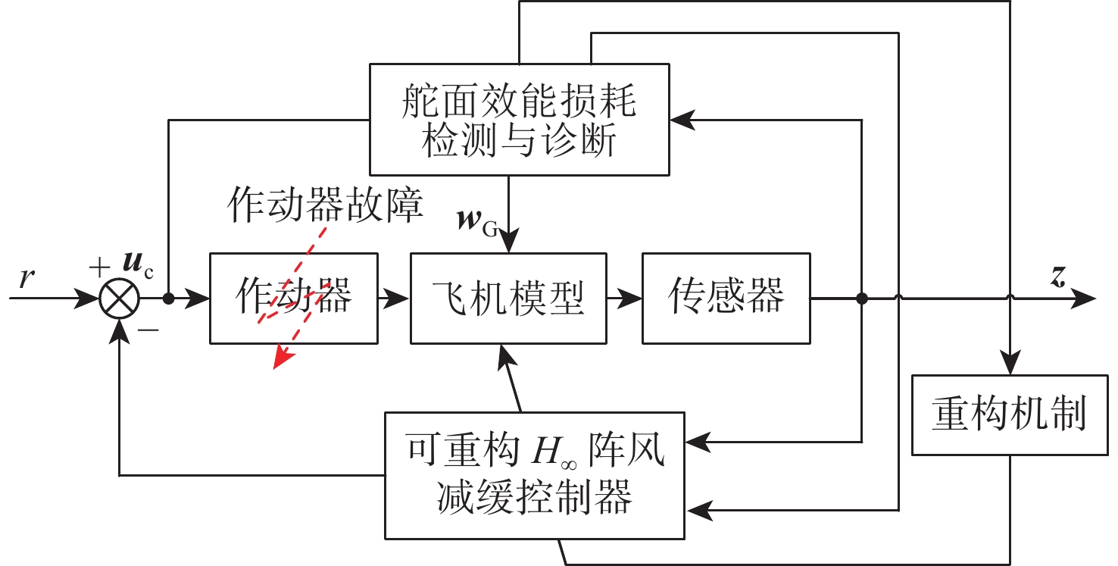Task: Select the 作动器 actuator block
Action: click(294, 298)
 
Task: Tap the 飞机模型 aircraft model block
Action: click(508, 298)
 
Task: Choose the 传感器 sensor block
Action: click(726, 298)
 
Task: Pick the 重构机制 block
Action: click(1009, 414)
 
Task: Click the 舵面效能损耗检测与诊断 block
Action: click(519, 118)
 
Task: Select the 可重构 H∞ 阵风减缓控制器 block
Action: click(535, 474)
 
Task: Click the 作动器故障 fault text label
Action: click(325, 205)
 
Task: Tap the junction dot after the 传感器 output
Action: click(861, 299)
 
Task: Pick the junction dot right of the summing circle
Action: click(168, 299)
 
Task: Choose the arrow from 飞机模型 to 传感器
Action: click(623, 299)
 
